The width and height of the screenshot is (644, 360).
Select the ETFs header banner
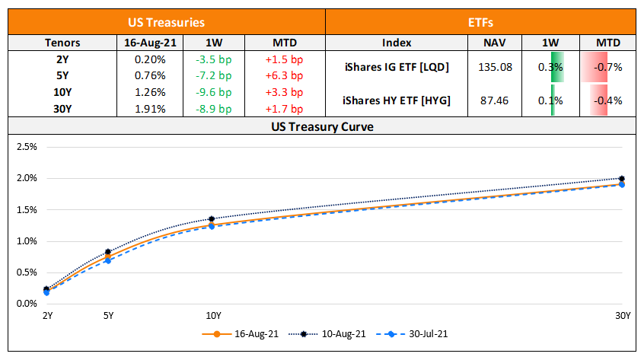pyautogui.click(x=481, y=23)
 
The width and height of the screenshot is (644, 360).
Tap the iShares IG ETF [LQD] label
pyautogui.click(x=395, y=68)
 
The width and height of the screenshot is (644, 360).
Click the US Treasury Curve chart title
pyautogui.click(x=321, y=126)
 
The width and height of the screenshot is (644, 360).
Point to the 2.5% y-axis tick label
pyautogui.click(x=27, y=146)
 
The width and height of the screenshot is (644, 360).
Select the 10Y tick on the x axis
pyautogui.click(x=213, y=315)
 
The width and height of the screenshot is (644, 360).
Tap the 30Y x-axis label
pyautogui.click(x=622, y=315)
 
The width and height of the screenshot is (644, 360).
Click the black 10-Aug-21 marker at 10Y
pyautogui.click(x=212, y=219)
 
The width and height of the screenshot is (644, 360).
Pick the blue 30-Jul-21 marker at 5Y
pyautogui.click(x=108, y=260)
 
